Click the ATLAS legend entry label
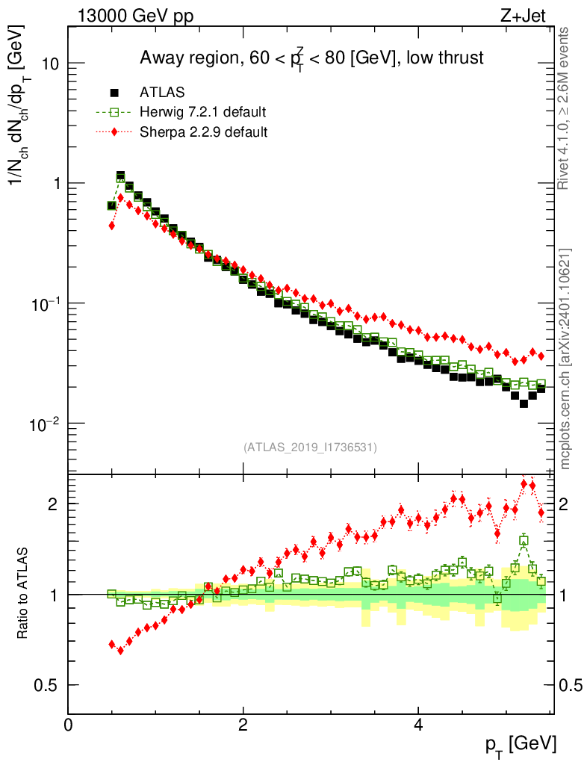162,93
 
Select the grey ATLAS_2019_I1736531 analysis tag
310,447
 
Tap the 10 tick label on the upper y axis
51,64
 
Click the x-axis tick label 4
418,725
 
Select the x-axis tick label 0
69,725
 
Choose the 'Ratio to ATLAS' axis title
25,594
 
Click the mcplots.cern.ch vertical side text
566,359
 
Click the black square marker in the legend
115,93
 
